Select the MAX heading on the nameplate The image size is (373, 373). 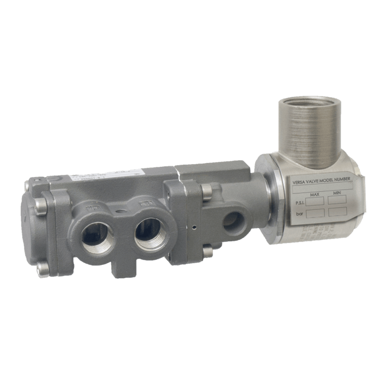(314, 194)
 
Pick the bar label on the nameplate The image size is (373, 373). (299, 214)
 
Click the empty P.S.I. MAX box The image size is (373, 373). (315, 201)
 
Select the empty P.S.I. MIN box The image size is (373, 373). (337, 200)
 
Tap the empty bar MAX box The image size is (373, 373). (315, 213)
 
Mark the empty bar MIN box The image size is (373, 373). (337, 211)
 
